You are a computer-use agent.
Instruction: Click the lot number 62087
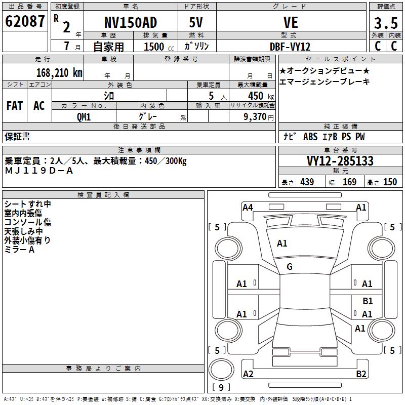point(25,22)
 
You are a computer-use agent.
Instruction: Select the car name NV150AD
point(130,23)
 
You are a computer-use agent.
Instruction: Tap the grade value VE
point(291,23)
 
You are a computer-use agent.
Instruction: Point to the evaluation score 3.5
point(385,23)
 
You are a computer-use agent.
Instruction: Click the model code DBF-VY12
point(290,47)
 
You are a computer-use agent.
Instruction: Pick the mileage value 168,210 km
point(59,72)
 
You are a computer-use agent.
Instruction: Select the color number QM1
point(84,116)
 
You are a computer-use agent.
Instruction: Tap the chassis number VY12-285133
point(340,161)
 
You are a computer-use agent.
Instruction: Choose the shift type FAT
point(15,106)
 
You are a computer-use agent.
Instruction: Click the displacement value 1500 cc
point(154,47)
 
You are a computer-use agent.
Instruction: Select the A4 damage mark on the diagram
point(248,207)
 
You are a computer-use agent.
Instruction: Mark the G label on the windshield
point(290,267)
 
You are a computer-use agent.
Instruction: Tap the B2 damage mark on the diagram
point(361,374)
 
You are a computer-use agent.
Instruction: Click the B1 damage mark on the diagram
point(368,301)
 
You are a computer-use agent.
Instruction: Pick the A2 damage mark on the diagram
point(248,374)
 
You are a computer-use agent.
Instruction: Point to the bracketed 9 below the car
point(221,388)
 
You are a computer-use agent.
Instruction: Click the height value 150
point(390,182)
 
